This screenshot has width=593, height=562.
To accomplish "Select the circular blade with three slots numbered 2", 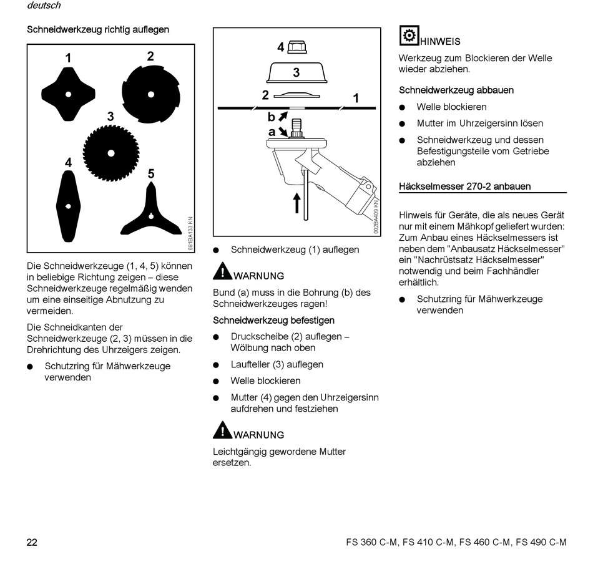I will tap(150, 94).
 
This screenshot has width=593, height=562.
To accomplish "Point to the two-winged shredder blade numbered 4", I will tap(67, 205).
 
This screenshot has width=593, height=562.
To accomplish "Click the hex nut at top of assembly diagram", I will tap(296, 47).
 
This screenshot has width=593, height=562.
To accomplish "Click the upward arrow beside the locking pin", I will tap(296, 203).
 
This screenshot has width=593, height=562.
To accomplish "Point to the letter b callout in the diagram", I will tap(272, 117).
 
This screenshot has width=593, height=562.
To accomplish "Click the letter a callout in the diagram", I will tap(272, 132).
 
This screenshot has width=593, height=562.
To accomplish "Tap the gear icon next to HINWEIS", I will tap(409, 36).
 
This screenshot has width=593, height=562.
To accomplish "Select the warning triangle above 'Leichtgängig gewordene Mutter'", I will tap(222, 430).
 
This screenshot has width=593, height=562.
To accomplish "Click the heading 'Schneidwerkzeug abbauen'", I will tap(456, 90).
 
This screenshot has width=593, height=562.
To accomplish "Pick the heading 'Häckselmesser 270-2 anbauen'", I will tap(465, 187).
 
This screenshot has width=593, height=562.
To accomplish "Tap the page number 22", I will tap(32, 542).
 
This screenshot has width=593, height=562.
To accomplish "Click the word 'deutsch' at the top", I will tap(44, 6).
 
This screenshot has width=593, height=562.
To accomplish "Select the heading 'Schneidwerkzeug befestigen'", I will tap(274, 321).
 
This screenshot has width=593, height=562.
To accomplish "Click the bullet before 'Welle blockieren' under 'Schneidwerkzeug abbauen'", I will tap(403, 107).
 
